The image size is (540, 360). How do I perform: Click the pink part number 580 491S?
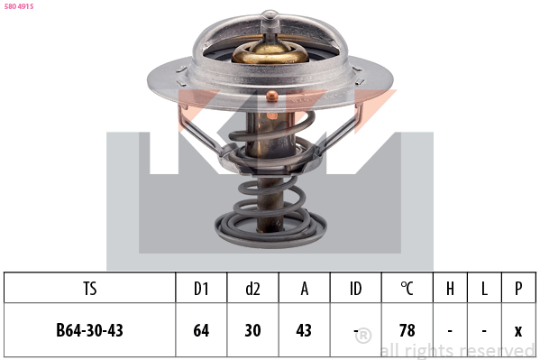(19, 6)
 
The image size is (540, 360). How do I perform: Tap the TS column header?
(89, 289)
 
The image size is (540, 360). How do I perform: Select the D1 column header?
(201, 289)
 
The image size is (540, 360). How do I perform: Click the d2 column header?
(252, 289)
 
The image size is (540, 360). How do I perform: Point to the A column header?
(305, 289)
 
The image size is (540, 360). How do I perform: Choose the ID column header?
(356, 289)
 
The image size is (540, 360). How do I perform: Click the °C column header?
(407, 289)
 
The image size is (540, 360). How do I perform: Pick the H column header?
(450, 289)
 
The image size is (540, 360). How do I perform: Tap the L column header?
(484, 289)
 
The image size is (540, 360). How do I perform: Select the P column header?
(518, 289)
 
